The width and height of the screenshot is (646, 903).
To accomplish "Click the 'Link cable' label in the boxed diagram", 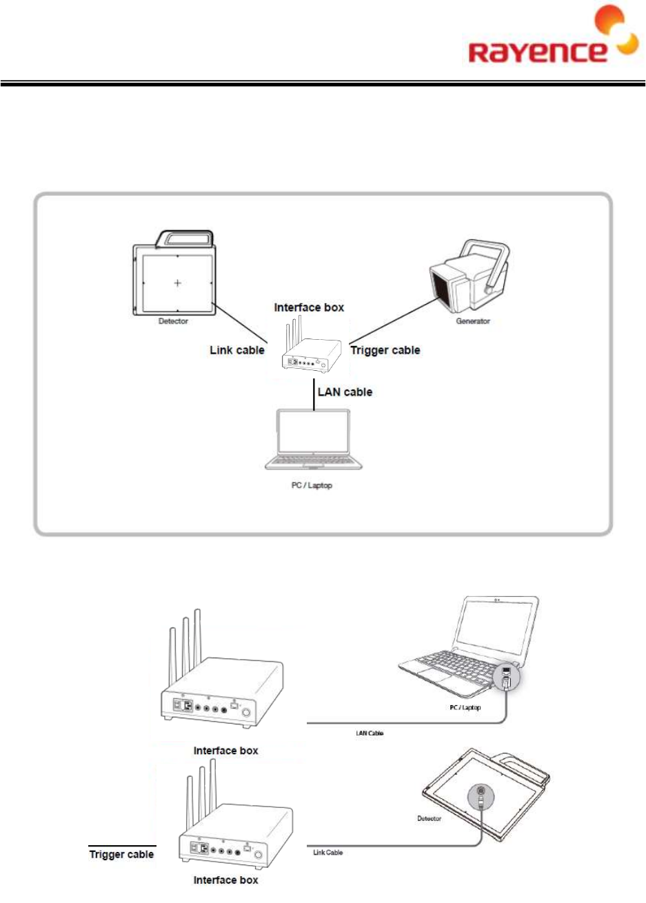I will (237, 350).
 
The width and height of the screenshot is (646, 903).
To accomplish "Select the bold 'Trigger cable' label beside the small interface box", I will (385, 350).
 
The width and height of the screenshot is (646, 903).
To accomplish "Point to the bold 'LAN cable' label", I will (345, 392).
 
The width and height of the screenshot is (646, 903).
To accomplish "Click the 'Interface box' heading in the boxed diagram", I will (309, 307).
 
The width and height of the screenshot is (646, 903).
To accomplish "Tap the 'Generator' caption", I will (473, 321).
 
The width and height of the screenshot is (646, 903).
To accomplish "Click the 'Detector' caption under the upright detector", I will (173, 321).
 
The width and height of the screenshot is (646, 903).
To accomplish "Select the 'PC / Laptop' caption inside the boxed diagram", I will (312, 485).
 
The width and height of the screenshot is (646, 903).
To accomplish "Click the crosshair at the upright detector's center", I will (178, 283).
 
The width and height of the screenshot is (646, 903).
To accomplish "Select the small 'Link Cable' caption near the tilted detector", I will (327, 853).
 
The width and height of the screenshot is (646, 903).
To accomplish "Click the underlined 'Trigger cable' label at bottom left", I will (121, 855).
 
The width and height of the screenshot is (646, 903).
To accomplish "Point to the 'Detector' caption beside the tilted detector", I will (429, 818).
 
